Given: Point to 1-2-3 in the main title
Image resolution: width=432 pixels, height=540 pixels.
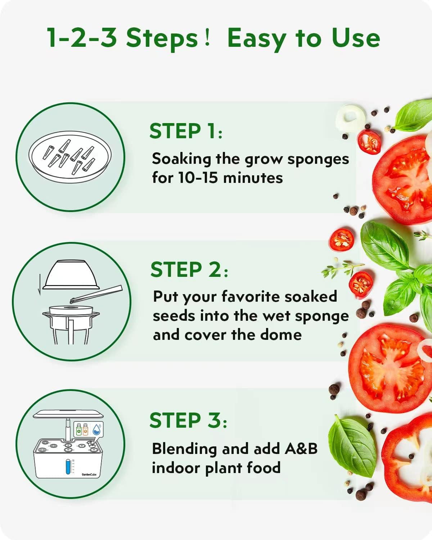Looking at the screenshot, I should [82, 39].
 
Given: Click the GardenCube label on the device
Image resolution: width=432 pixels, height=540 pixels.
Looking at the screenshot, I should [89, 474].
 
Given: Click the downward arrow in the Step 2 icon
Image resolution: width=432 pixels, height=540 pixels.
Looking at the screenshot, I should [40, 284].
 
